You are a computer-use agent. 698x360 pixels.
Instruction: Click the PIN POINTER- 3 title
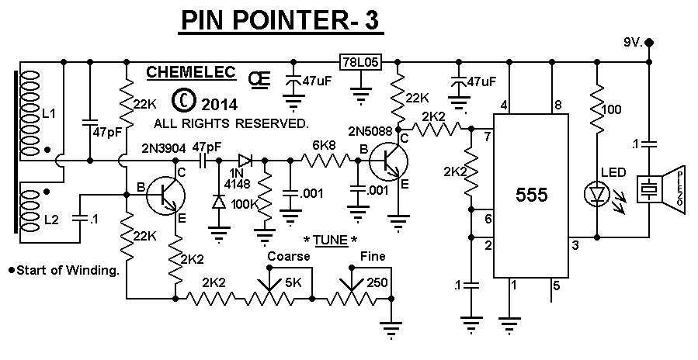click(280, 22)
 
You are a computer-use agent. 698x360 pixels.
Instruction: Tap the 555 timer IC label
click(532, 195)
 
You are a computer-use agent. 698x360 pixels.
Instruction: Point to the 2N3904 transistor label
click(164, 147)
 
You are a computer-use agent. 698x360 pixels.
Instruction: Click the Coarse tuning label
click(288, 256)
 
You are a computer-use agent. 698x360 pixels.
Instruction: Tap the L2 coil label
click(50, 220)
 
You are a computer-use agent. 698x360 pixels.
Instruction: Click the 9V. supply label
click(633, 42)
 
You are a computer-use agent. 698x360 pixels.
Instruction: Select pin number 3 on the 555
click(575, 246)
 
